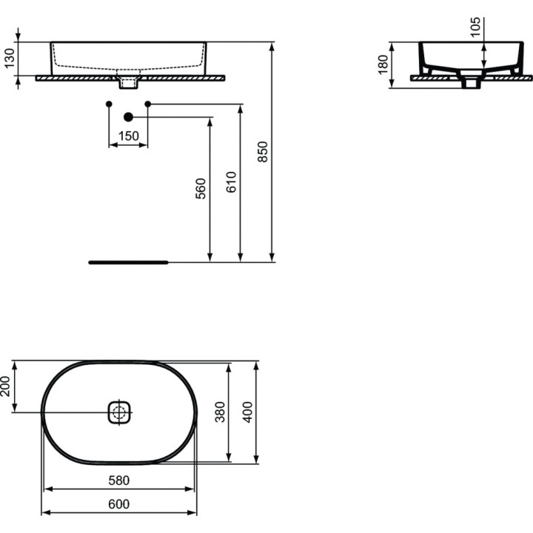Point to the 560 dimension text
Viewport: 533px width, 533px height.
click(x=201, y=190)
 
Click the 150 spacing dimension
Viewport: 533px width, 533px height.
click(x=128, y=135)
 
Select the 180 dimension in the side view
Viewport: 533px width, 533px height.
click(x=383, y=65)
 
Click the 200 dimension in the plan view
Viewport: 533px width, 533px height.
click(x=6, y=385)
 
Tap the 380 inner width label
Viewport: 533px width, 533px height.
click(x=219, y=411)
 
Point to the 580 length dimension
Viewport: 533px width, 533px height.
click(x=118, y=480)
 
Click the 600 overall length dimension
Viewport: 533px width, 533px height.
click(x=118, y=504)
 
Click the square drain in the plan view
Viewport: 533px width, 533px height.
click(x=119, y=412)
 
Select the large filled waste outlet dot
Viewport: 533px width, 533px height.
click(x=128, y=117)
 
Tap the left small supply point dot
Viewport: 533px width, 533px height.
click(x=109, y=104)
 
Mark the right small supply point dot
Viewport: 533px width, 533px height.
click(x=147, y=104)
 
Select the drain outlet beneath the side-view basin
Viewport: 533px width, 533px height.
click(x=468, y=82)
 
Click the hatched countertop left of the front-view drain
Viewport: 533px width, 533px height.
click(x=74, y=76)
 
